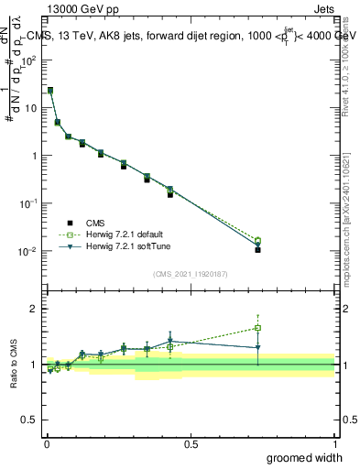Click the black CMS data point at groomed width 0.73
258,249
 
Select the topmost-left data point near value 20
49,91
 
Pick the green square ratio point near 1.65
258,328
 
